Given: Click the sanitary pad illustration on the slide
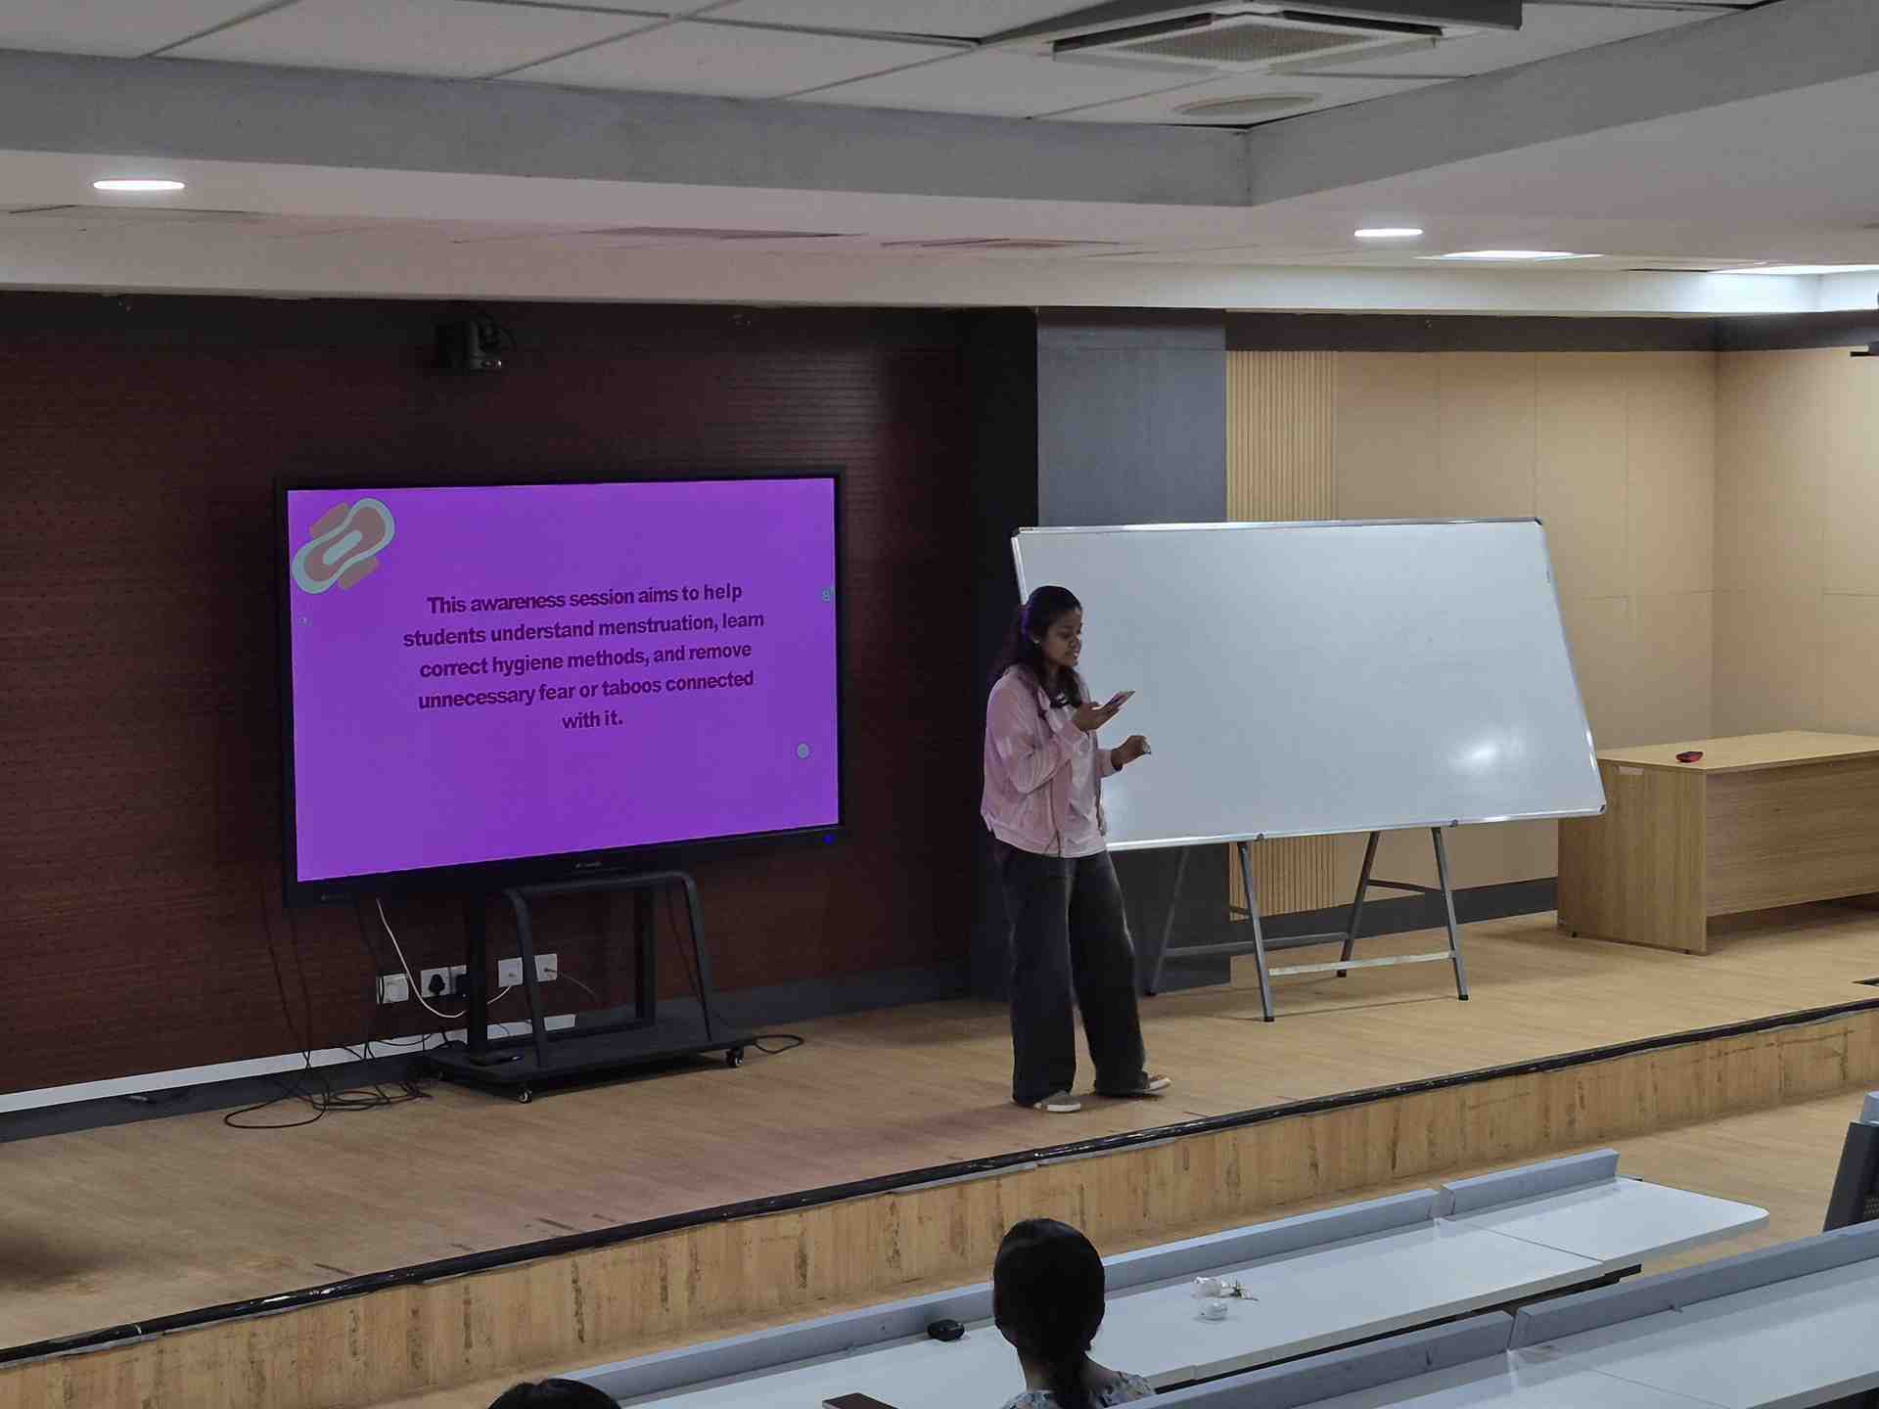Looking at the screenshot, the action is (x=344, y=546).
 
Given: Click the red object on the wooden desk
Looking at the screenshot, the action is (x=1689, y=755).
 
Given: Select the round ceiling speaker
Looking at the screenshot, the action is (x=1248, y=104).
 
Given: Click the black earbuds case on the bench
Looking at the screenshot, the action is (x=945, y=1329).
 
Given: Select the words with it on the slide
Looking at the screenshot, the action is (x=592, y=720).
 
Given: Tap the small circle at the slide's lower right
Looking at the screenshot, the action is (x=803, y=750).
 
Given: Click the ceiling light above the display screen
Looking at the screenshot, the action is (x=139, y=185).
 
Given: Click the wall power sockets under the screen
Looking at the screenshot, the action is (x=467, y=979).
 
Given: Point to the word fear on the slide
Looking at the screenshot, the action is (x=556, y=693).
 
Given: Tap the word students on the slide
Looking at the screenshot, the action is (x=444, y=636).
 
